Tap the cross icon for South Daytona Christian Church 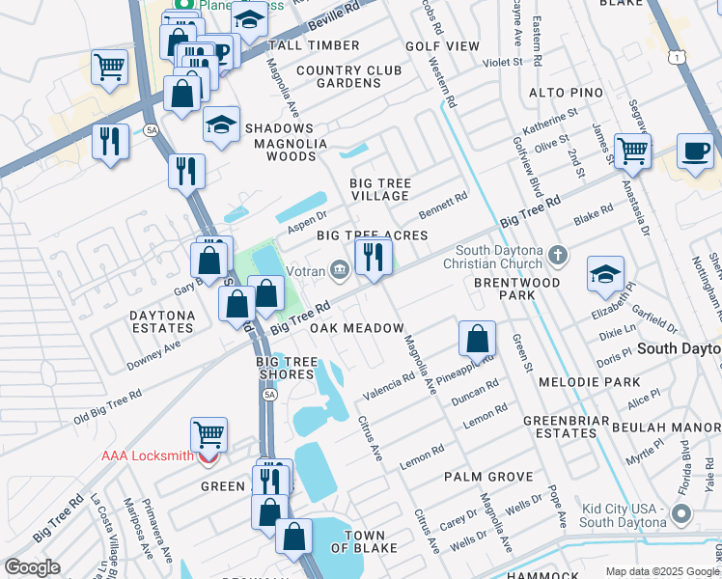[x=556, y=256]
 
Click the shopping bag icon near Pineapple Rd [x=477, y=340]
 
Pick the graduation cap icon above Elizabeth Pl [x=605, y=274]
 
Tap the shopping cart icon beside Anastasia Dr [x=632, y=150]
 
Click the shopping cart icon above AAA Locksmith [x=208, y=434]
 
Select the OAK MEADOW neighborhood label [x=356, y=329]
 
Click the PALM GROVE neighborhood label [x=488, y=477]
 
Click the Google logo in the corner [x=32, y=567]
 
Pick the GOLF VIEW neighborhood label [x=442, y=45]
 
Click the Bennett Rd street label [x=443, y=206]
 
